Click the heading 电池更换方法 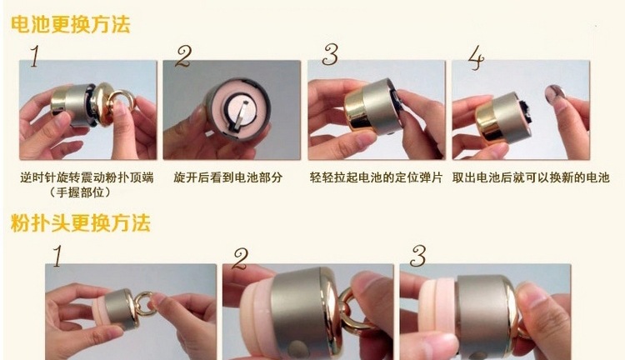(x=71, y=25)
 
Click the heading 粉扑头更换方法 (x=81, y=222)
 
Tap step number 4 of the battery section (x=477, y=57)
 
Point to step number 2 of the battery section (x=184, y=56)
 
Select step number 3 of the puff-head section (x=418, y=255)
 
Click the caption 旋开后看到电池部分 (x=228, y=177)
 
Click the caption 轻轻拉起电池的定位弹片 (x=377, y=177)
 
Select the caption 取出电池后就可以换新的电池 (x=531, y=177)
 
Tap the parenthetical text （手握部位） (x=80, y=192)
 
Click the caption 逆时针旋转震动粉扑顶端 (x=87, y=177)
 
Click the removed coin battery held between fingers (x=552, y=95)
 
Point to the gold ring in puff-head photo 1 (x=144, y=304)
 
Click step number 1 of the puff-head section (x=57, y=256)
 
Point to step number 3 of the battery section (x=331, y=55)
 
